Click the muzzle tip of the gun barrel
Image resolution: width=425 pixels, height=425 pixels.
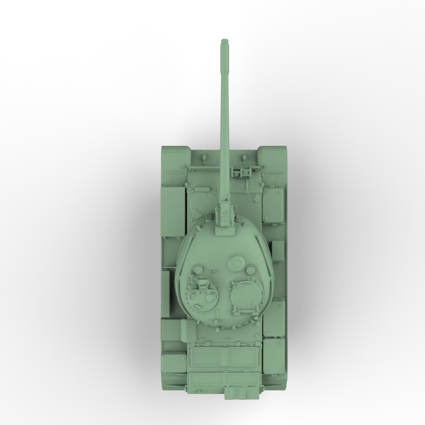pyautogui.click(x=224, y=41)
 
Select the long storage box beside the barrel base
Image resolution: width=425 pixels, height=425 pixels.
pyautogui.click(x=172, y=211)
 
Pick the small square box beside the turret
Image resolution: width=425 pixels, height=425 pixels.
pyautogui.click(x=278, y=251)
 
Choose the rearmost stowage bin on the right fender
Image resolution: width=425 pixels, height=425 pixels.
pyautogui.click(x=274, y=355)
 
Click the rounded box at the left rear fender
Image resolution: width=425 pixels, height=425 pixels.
pyautogui.click(x=173, y=361)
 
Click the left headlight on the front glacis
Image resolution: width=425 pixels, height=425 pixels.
pyautogui.click(x=204, y=158)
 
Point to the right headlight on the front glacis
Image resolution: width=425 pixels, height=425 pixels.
pyautogui.click(x=244, y=158)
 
